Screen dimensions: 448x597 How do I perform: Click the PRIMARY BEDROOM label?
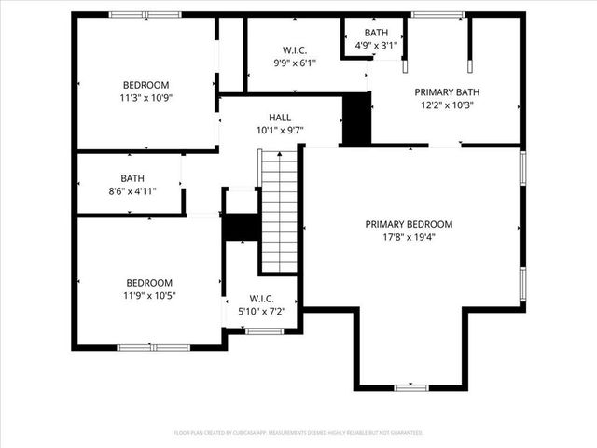pyautogui.click(x=409, y=224)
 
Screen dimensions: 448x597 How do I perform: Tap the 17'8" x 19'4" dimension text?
pyautogui.click(x=409, y=237)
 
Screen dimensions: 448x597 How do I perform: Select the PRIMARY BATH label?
pyautogui.click(x=447, y=92)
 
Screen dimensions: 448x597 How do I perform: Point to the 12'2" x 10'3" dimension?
pyautogui.click(x=447, y=105)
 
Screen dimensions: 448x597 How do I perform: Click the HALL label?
pyautogui.click(x=280, y=118)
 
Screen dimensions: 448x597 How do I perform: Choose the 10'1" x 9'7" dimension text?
pyautogui.click(x=280, y=131)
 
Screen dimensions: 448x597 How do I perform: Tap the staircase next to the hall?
pyautogui.click(x=278, y=212)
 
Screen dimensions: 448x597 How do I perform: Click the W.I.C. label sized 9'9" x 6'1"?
pyautogui.click(x=295, y=50)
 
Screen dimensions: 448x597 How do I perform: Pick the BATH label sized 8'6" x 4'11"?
pyautogui.click(x=132, y=178)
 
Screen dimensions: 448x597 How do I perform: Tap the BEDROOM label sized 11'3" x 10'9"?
pyautogui.click(x=146, y=83)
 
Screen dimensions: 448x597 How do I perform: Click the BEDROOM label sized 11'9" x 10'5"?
pyautogui.click(x=149, y=283)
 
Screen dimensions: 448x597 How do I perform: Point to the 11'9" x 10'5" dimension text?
pyautogui.click(x=149, y=295)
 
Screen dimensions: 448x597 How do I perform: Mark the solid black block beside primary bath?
pyautogui.click(x=356, y=119)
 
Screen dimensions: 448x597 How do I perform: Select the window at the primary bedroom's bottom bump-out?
pyautogui.click(x=410, y=387)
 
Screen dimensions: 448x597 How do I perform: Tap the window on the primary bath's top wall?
pyautogui.click(x=438, y=14)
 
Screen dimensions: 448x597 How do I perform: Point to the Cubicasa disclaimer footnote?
pyautogui.click(x=298, y=433)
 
